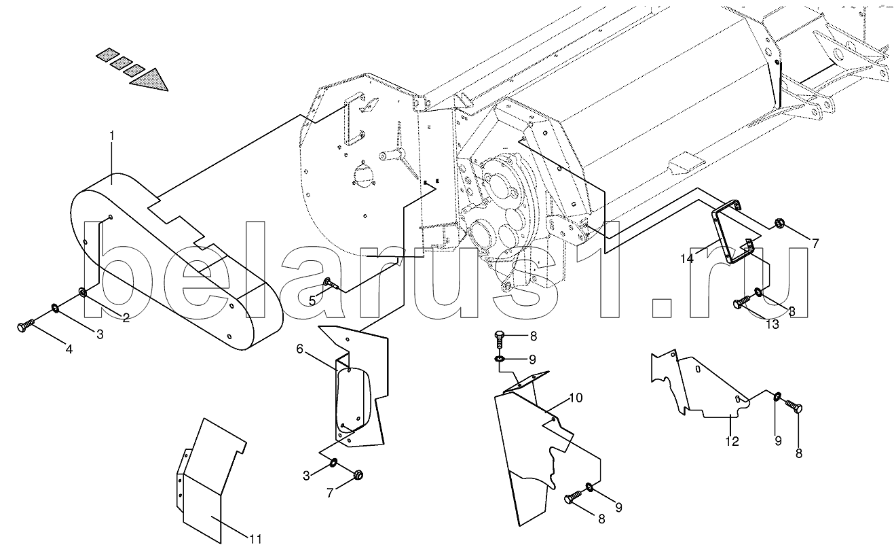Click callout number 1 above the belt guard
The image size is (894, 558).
click(112, 136)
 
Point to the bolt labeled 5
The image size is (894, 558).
click(330, 283)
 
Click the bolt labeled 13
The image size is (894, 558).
click(741, 302)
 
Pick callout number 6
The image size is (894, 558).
click(299, 350)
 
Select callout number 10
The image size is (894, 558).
click(575, 398)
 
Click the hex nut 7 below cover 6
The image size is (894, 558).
click(358, 473)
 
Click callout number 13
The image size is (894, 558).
click(773, 325)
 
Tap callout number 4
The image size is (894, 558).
click(69, 349)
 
